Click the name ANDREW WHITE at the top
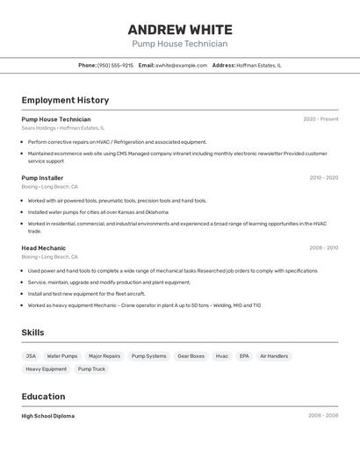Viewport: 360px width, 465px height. click(x=179, y=29)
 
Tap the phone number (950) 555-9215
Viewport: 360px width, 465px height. click(x=115, y=65)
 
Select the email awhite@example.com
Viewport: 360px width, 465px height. click(x=182, y=65)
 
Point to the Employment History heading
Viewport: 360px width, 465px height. click(x=65, y=100)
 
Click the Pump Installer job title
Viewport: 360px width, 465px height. click(x=42, y=178)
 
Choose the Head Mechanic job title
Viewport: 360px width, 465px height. click(x=43, y=248)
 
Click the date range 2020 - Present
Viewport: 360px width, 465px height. click(x=320, y=119)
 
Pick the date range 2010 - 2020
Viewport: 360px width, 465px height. click(x=323, y=178)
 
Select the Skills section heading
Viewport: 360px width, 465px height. click(x=32, y=333)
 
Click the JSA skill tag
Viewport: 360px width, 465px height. click(x=31, y=356)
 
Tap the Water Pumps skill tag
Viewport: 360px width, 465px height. click(x=62, y=356)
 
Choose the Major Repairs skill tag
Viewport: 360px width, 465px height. click(x=104, y=356)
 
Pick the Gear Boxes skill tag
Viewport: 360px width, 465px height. click(x=191, y=356)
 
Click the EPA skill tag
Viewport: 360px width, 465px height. click(x=244, y=356)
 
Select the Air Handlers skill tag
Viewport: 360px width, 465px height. click(x=274, y=356)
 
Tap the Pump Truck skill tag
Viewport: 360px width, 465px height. click(x=91, y=369)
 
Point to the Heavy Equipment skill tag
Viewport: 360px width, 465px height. click(x=46, y=369)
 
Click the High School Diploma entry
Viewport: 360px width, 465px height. click(x=48, y=416)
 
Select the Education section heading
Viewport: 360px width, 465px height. click(x=43, y=397)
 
